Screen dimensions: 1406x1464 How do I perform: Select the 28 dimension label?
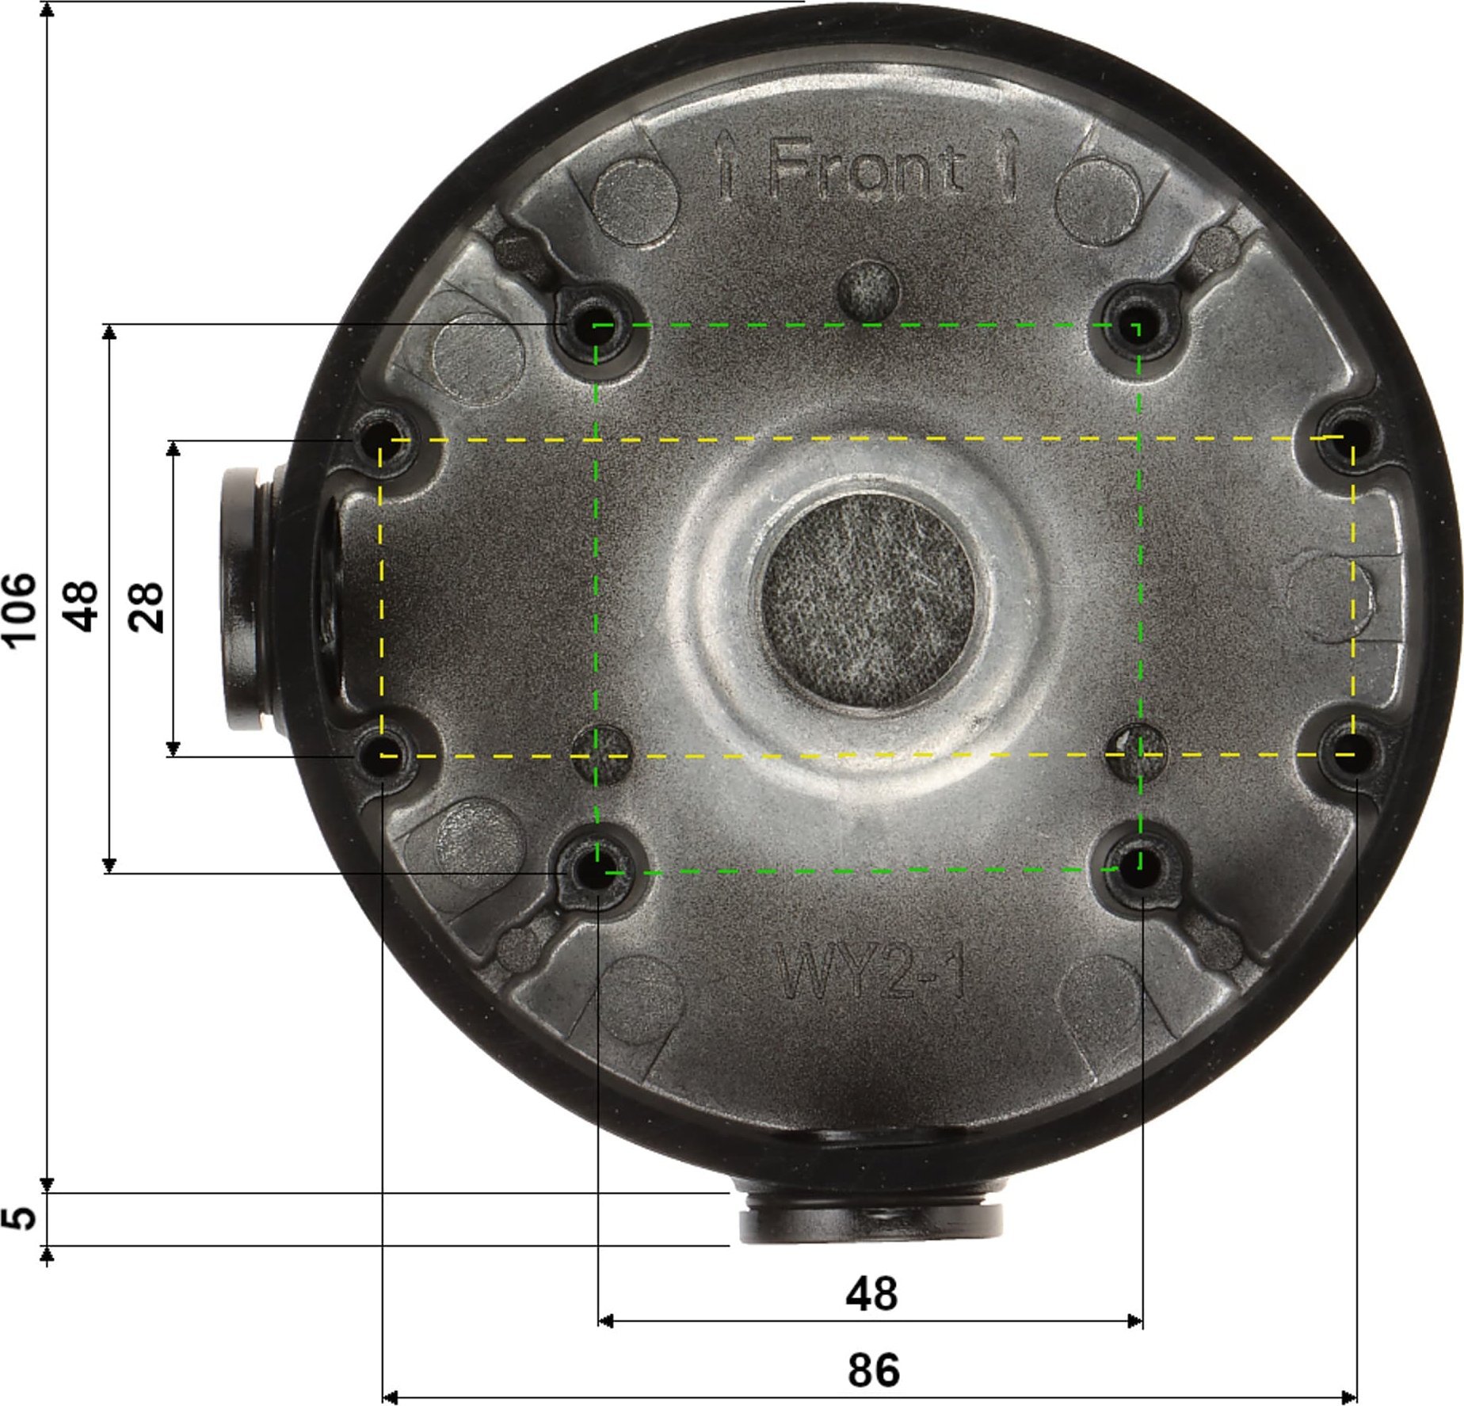[x=148, y=607]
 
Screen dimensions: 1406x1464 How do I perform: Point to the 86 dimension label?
[x=874, y=1370]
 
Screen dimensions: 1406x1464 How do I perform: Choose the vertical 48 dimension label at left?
[x=82, y=607]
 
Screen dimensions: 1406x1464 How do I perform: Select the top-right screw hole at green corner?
[x=1137, y=326]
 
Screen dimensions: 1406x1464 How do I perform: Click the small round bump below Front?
[x=868, y=289]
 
